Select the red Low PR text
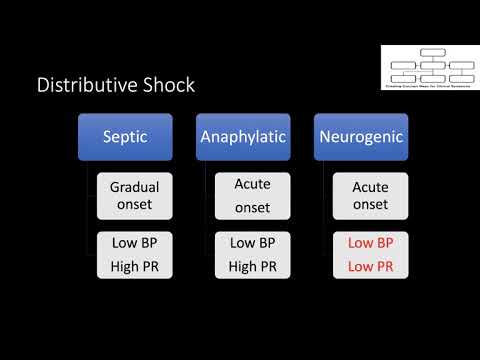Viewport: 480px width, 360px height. [x=370, y=265]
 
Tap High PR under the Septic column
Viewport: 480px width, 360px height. [x=135, y=265]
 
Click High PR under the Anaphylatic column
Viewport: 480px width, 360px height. [x=252, y=265]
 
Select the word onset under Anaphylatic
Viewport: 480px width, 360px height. [x=252, y=207]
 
